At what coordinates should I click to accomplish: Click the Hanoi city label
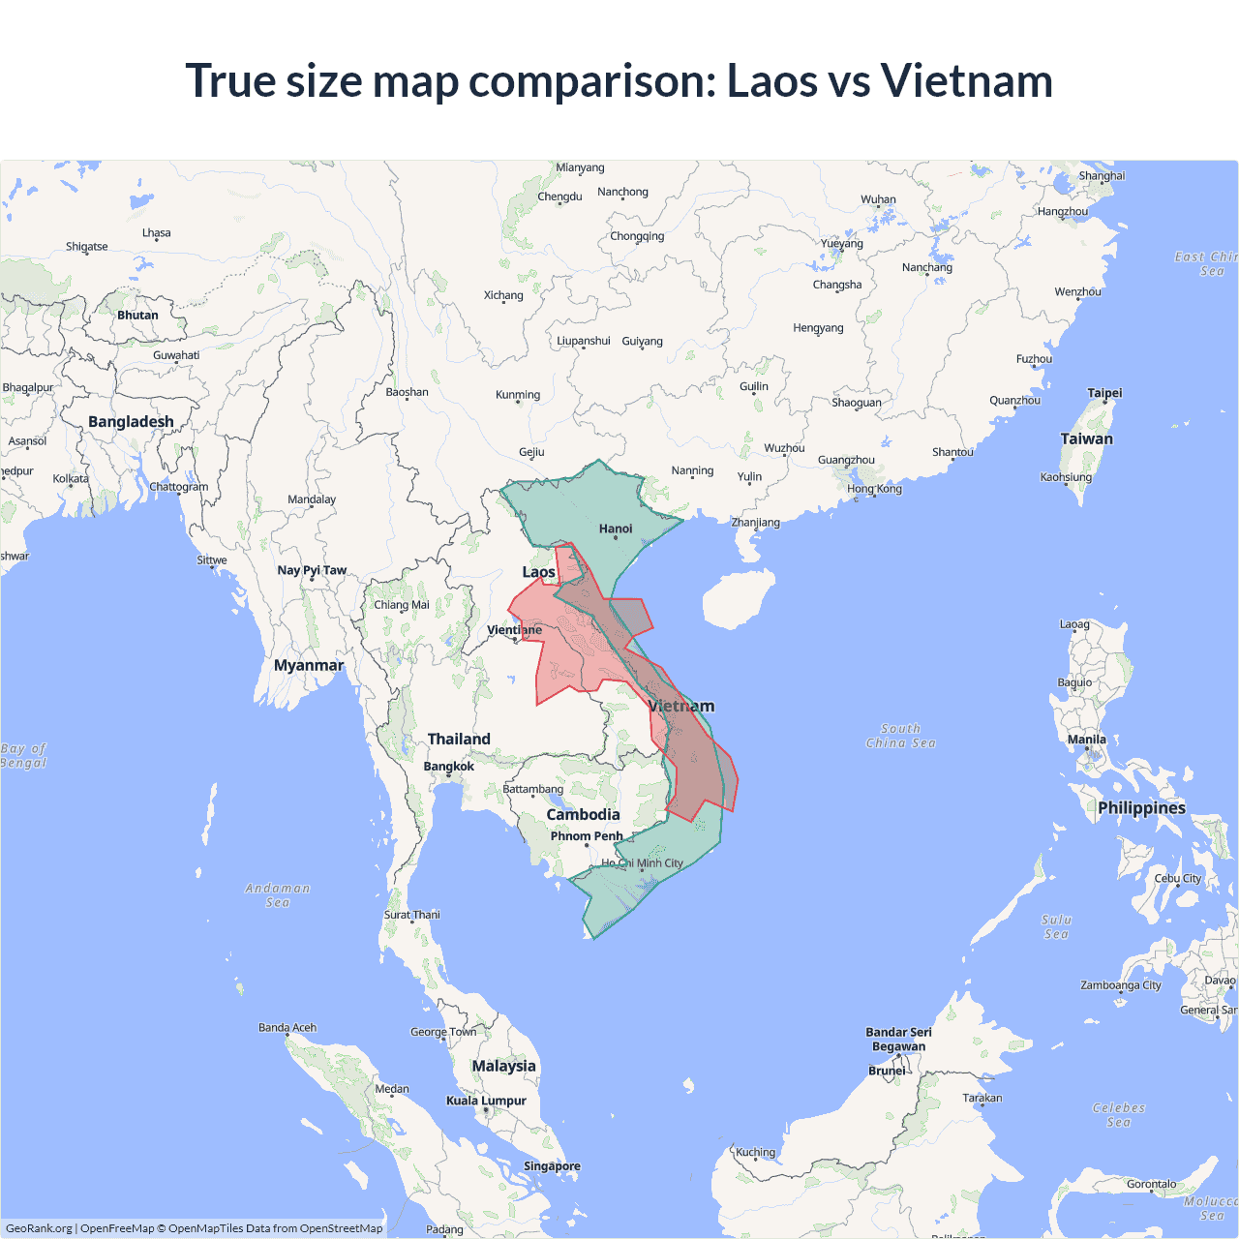pos(616,529)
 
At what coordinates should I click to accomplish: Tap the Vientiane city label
pos(514,630)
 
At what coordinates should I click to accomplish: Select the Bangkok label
pos(449,767)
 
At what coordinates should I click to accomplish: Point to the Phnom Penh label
pos(587,836)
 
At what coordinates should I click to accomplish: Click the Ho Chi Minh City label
pos(642,863)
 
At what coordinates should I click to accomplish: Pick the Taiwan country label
pos(1086,438)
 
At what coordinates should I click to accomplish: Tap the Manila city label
pos(1086,740)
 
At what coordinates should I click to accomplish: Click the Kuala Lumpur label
pos(486,1101)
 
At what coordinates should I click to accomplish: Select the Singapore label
pos(552,1166)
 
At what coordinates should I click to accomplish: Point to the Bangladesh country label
pos(131,422)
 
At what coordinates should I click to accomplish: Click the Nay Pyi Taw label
pos(312,570)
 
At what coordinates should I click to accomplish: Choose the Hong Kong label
pos(874,489)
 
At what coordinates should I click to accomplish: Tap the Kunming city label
pos(518,395)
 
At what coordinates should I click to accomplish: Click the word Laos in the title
pos(771,80)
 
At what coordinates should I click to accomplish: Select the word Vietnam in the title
pos(966,80)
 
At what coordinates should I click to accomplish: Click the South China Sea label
pos(900,736)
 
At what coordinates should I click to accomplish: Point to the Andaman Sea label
pos(278,895)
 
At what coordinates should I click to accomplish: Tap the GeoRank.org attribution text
pos(39,1228)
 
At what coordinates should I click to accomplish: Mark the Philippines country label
pos(1141,808)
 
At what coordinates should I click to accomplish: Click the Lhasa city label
pos(157,233)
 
